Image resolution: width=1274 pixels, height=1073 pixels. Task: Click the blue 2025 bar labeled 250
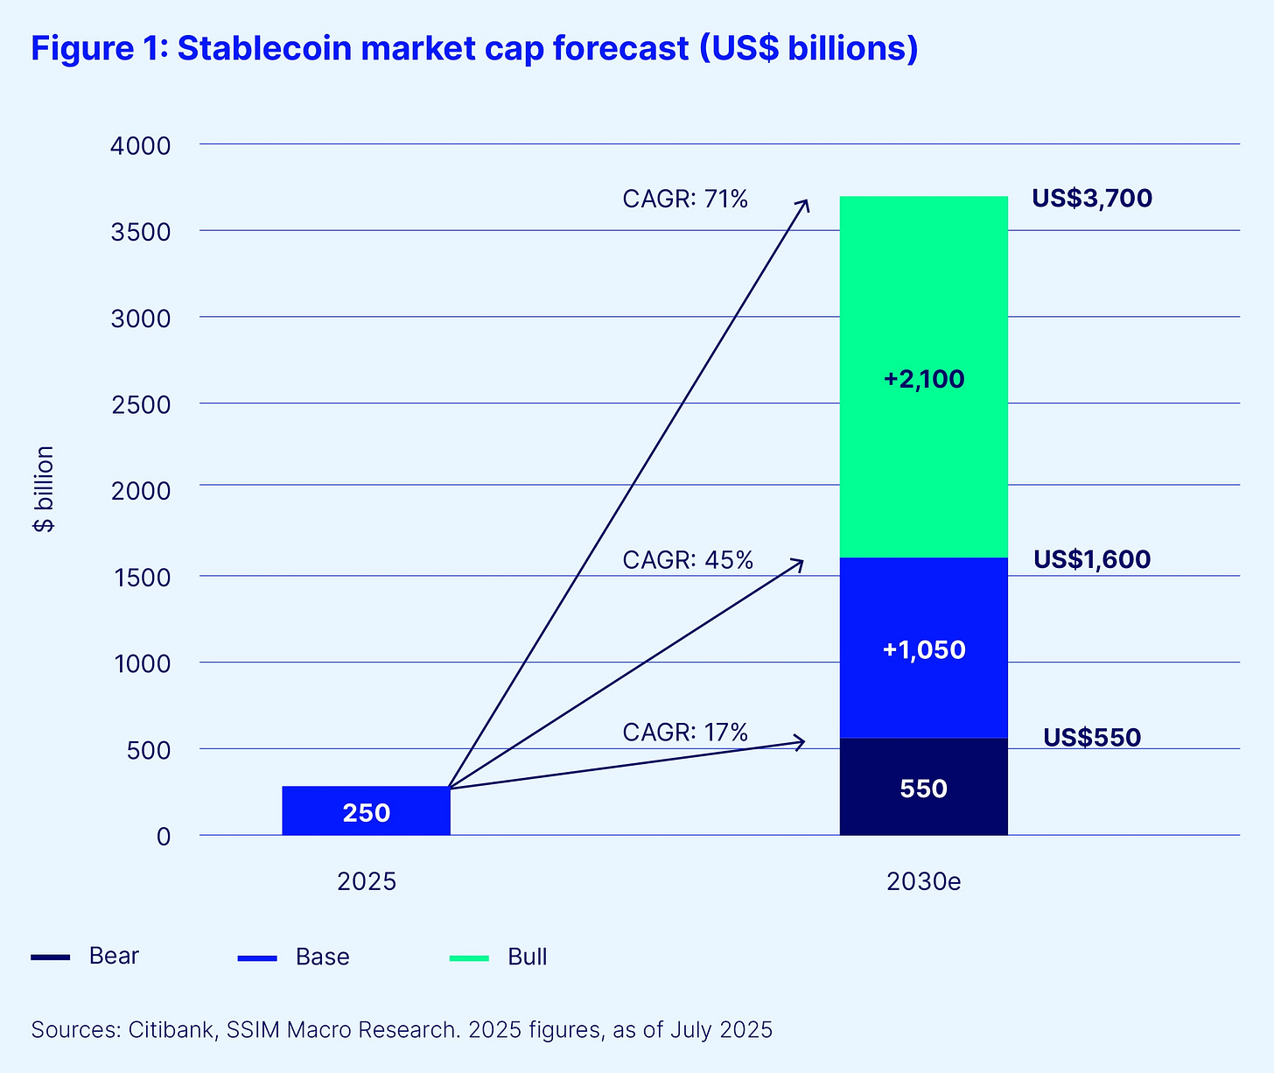point(366,810)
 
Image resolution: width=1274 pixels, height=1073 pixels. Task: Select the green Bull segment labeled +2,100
point(923,378)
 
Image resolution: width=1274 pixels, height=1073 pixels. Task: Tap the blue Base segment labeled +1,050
point(923,649)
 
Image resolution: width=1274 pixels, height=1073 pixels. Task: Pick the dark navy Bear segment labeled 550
point(923,788)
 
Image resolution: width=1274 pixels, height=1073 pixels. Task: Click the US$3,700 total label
point(1091,199)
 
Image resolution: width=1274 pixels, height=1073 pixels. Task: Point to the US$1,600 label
point(1091,559)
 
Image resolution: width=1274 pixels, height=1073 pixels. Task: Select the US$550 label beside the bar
point(1091,738)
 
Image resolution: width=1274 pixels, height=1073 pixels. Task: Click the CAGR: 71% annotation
point(685,200)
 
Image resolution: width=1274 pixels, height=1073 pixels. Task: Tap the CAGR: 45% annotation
point(688,560)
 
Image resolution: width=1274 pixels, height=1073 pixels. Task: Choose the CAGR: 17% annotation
point(685,732)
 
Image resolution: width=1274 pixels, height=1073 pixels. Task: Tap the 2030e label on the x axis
point(923,880)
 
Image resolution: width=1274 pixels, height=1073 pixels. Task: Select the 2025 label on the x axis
point(367,880)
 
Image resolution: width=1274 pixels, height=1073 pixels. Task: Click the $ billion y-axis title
point(44,489)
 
